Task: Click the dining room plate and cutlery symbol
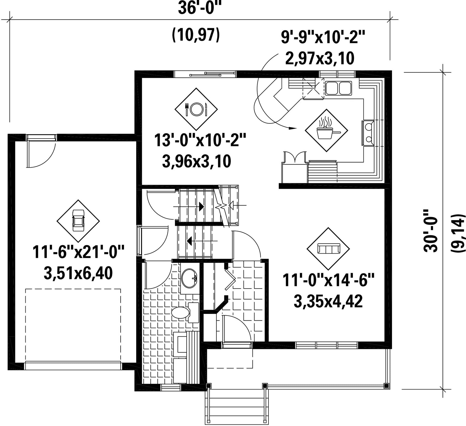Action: pyautogui.click(x=196, y=109)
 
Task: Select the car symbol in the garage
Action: pyautogui.click(x=78, y=221)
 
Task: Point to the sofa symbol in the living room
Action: pyautogui.click(x=328, y=249)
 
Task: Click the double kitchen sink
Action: pyautogui.click(x=338, y=88)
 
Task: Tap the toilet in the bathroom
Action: pyautogui.click(x=185, y=313)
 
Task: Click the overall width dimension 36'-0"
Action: pyautogui.click(x=200, y=9)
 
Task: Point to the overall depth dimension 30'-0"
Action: pyautogui.click(x=431, y=234)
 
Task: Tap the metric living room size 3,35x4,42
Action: pyautogui.click(x=328, y=301)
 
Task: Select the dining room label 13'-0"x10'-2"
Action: pyautogui.click(x=200, y=140)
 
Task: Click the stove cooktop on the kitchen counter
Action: pyautogui.click(x=368, y=133)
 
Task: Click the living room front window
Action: pyautogui.click(x=327, y=345)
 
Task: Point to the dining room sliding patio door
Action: pyautogui.click(x=205, y=74)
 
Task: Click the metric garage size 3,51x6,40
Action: pyautogui.click(x=78, y=274)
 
